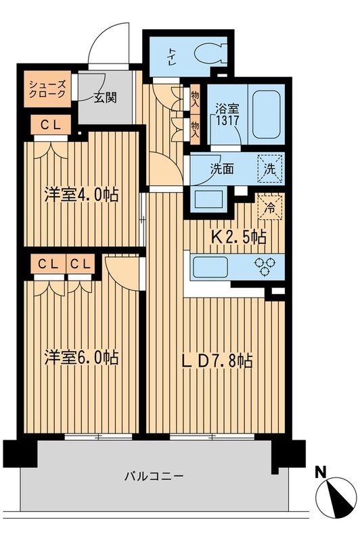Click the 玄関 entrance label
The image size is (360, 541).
[x=104, y=97]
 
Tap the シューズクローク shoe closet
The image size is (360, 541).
[x=47, y=90]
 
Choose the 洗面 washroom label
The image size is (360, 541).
[x=221, y=168]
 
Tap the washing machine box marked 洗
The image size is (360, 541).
[x=269, y=168]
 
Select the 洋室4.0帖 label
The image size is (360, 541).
[x=81, y=195]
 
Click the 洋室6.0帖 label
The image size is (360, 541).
[x=81, y=357]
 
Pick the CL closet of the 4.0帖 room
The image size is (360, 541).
[x=46, y=124]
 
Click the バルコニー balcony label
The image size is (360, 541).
[x=154, y=475]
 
